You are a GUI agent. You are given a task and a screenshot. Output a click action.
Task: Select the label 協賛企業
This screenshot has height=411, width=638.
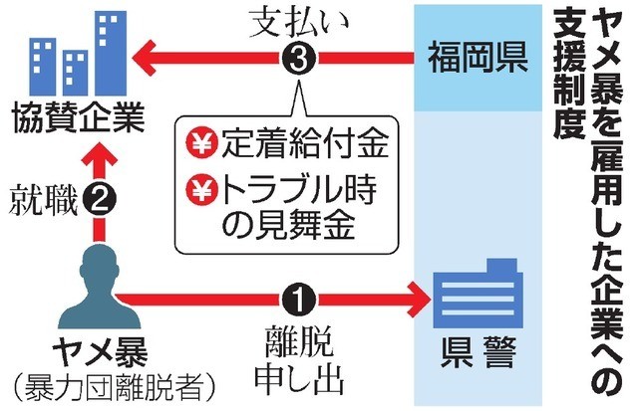75,121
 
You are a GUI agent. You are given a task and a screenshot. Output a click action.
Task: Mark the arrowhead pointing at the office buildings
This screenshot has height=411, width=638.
145,56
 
